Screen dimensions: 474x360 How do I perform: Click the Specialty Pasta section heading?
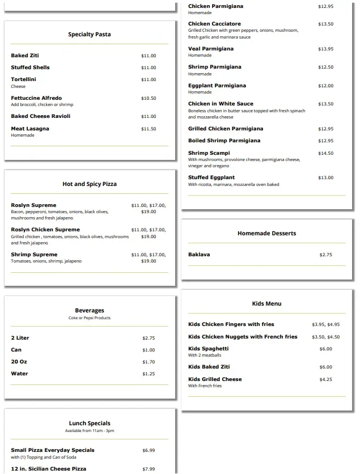pyautogui.click(x=90, y=35)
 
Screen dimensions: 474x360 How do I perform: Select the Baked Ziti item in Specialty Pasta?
pyautogui.click(x=25, y=56)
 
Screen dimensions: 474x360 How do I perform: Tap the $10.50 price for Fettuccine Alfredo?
pyautogui.click(x=149, y=99)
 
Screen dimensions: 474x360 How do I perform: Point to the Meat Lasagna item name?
pyautogui.click(x=30, y=129)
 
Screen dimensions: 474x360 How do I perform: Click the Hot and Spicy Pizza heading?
pyautogui.click(x=90, y=184)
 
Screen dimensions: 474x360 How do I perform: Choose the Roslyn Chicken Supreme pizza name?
pyautogui.click(x=45, y=230)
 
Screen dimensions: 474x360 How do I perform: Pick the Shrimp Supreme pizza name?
pyautogui.click(x=34, y=255)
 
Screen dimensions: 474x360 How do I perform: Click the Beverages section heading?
pyautogui.click(x=90, y=311)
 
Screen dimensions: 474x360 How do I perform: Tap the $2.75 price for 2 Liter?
pyautogui.click(x=149, y=338)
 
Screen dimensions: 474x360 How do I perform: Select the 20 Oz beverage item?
pyautogui.click(x=19, y=362)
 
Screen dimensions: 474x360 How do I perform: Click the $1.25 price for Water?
pyautogui.click(x=149, y=374)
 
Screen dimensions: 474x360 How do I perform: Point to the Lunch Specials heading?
pyautogui.click(x=90, y=424)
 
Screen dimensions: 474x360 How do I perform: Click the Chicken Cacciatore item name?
pyautogui.click(x=215, y=24)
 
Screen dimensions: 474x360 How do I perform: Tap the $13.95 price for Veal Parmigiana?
pyautogui.click(x=326, y=49)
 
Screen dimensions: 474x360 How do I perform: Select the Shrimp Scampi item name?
pyautogui.click(x=209, y=153)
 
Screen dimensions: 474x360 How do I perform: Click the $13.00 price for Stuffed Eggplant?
pyautogui.click(x=326, y=178)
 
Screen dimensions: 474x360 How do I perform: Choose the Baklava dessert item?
pyautogui.click(x=199, y=255)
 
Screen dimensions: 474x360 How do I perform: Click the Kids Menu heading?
pyautogui.click(x=266, y=304)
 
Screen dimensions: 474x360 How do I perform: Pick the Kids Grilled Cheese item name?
pyautogui.click(x=215, y=379)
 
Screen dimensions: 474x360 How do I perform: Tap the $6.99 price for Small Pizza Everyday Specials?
pyautogui.click(x=149, y=451)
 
